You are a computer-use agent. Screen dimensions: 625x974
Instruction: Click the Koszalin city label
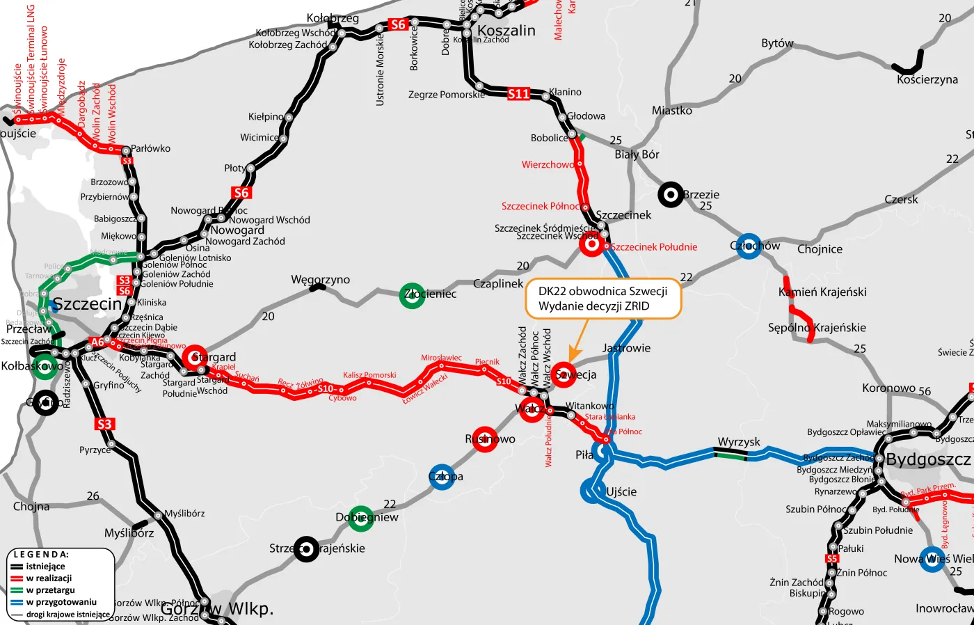[x=506, y=31]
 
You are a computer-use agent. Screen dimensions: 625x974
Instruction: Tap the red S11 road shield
[x=519, y=94]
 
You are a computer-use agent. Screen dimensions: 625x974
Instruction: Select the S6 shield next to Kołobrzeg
[x=397, y=25]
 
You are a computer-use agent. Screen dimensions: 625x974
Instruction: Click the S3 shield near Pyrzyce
[x=104, y=424]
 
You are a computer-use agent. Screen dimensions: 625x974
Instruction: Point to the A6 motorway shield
[x=98, y=342]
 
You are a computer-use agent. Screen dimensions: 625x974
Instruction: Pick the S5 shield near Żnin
[x=832, y=558]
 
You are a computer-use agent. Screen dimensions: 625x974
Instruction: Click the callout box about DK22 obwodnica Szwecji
[x=602, y=299]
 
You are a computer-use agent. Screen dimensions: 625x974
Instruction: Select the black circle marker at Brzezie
[x=671, y=196]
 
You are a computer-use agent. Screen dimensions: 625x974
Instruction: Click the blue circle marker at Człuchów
[x=748, y=246]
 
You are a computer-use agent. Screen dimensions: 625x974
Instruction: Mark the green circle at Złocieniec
[x=413, y=295]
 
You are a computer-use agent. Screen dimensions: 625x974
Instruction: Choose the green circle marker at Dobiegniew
[x=360, y=518]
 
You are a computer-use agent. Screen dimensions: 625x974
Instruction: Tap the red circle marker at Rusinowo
[x=485, y=439]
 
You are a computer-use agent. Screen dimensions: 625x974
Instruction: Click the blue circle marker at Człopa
[x=442, y=477]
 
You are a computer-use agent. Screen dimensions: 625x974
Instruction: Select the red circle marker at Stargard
[x=194, y=357]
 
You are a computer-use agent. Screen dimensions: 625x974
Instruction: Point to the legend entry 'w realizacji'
[x=49, y=578]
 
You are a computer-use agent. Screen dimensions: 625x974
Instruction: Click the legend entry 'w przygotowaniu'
[x=61, y=602]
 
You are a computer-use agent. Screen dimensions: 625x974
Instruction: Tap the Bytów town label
[x=777, y=43]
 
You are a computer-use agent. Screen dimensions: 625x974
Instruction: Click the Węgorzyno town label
[x=320, y=280]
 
